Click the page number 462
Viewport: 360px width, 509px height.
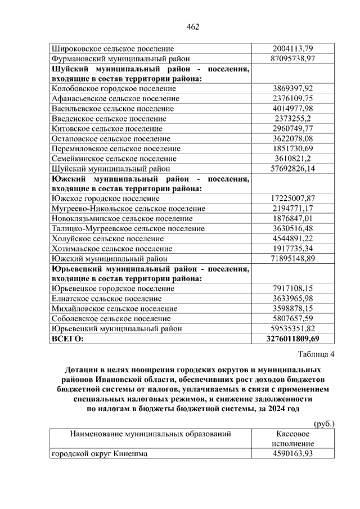(193, 26)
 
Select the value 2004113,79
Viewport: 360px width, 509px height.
(292, 49)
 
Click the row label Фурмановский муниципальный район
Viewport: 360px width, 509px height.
(120, 58)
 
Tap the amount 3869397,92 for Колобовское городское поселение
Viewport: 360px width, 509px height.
(292, 89)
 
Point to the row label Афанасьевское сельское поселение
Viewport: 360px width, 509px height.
(115, 99)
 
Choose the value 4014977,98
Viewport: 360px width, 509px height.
(292, 109)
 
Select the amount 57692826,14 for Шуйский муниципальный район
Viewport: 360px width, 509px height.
(292, 169)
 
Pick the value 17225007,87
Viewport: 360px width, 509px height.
(292, 199)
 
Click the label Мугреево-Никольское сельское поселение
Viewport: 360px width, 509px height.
(128, 209)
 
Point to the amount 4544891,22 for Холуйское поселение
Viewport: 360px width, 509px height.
(292, 238)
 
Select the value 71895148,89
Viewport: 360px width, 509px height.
(292, 259)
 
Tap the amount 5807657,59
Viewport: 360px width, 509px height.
(292, 318)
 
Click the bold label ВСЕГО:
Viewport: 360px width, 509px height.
(67, 339)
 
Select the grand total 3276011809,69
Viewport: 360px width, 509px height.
(292, 339)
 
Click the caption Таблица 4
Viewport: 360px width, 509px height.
(316, 354)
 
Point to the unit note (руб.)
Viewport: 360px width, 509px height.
(323, 424)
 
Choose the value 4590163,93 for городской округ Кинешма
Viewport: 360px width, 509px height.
(292, 454)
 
